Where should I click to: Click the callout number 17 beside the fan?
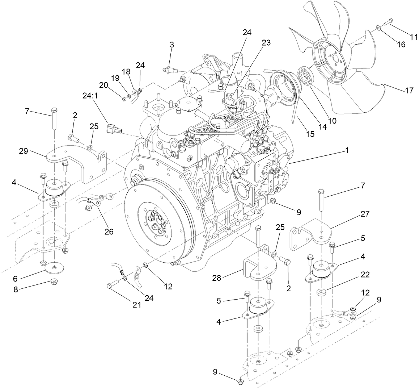click(409, 91)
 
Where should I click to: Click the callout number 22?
click(365, 275)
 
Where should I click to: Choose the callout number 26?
click(109, 231)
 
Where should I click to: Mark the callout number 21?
click(136, 305)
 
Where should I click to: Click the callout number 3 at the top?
click(172, 45)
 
